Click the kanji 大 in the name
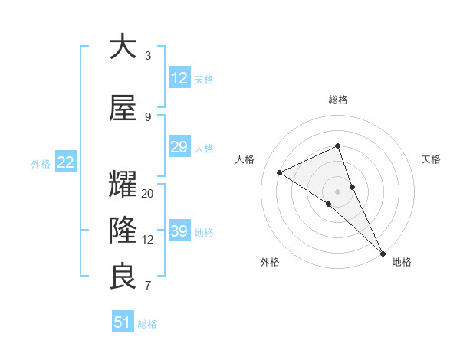[x=123, y=47]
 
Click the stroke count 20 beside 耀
[x=148, y=194]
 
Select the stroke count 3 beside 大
[x=148, y=56]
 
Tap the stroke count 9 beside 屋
[x=148, y=117]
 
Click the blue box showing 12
[x=179, y=77]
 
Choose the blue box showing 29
[x=179, y=147]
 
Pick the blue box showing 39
[x=179, y=231]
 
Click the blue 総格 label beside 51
[x=147, y=324]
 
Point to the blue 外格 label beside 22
[x=41, y=163]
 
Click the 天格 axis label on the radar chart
[x=431, y=159]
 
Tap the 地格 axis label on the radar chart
[x=402, y=262]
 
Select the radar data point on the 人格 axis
[x=280, y=172]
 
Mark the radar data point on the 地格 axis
[x=383, y=252]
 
